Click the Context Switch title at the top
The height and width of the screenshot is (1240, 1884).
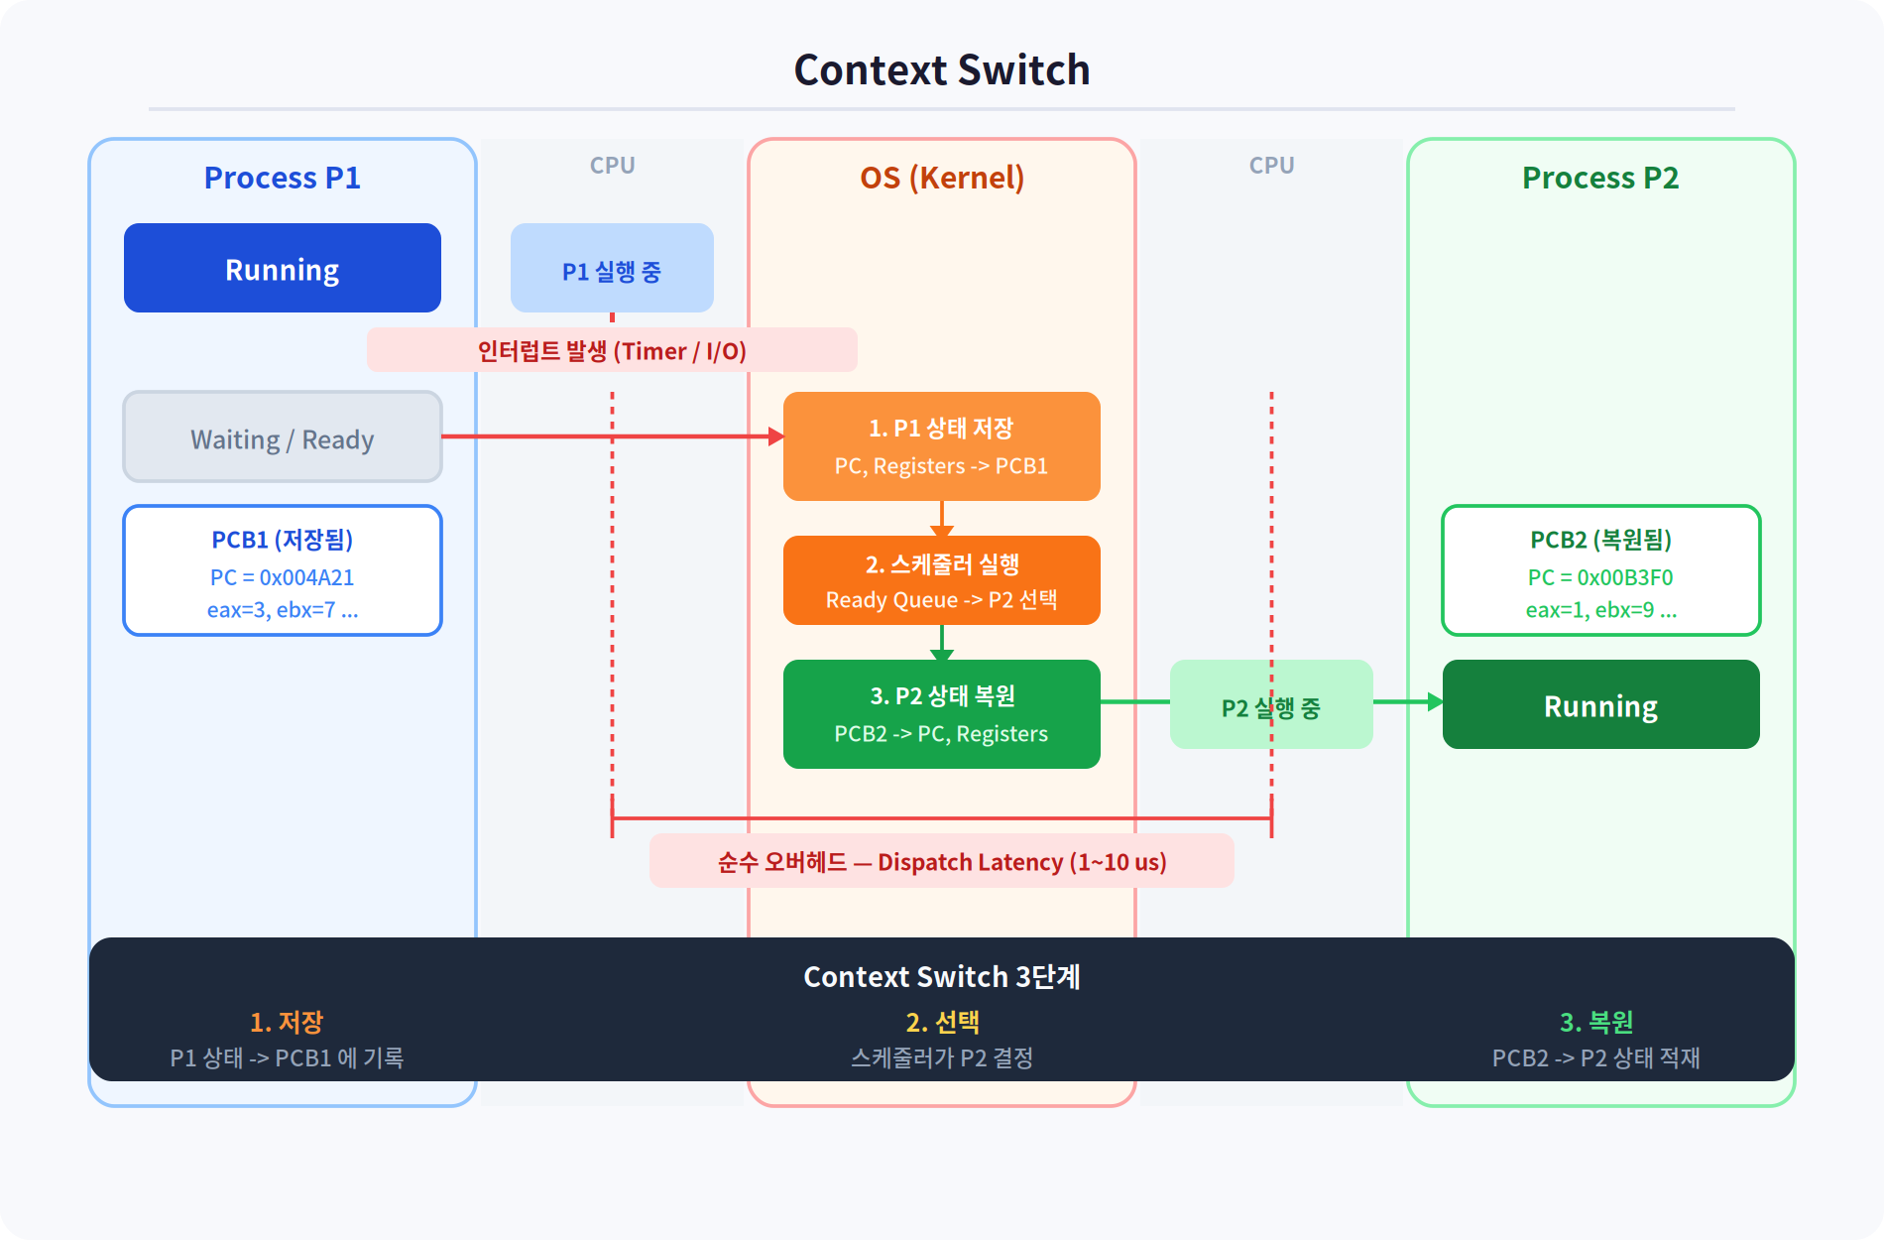(x=942, y=70)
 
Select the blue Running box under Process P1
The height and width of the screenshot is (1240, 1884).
(x=283, y=268)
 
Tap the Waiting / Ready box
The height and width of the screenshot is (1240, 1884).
(x=283, y=436)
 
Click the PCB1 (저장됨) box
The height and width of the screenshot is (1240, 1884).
(x=283, y=570)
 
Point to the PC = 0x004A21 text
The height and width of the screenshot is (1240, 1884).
(x=283, y=577)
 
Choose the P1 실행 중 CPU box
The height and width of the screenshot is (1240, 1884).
(x=612, y=268)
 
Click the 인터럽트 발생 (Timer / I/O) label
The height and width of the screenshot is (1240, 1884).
(x=612, y=350)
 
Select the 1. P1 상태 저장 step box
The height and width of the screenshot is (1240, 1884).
(x=942, y=446)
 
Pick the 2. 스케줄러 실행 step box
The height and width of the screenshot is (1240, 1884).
(x=942, y=580)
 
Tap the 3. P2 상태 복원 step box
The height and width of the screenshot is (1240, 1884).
(x=942, y=714)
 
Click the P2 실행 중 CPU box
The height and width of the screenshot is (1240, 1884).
(x=1271, y=704)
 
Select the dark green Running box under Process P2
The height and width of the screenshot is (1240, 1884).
(x=1601, y=704)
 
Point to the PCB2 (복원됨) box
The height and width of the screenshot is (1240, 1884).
(x=1601, y=570)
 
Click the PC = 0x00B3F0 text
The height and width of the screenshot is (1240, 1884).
(x=1600, y=577)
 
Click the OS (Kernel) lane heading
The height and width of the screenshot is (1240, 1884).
(x=942, y=178)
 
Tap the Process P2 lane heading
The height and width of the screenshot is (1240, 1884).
(x=1600, y=178)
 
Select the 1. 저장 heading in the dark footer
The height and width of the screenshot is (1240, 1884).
(x=287, y=1022)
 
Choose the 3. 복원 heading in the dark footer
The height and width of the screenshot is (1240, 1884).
(x=1596, y=1022)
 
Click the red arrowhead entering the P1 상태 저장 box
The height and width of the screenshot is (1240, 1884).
(x=776, y=436)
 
